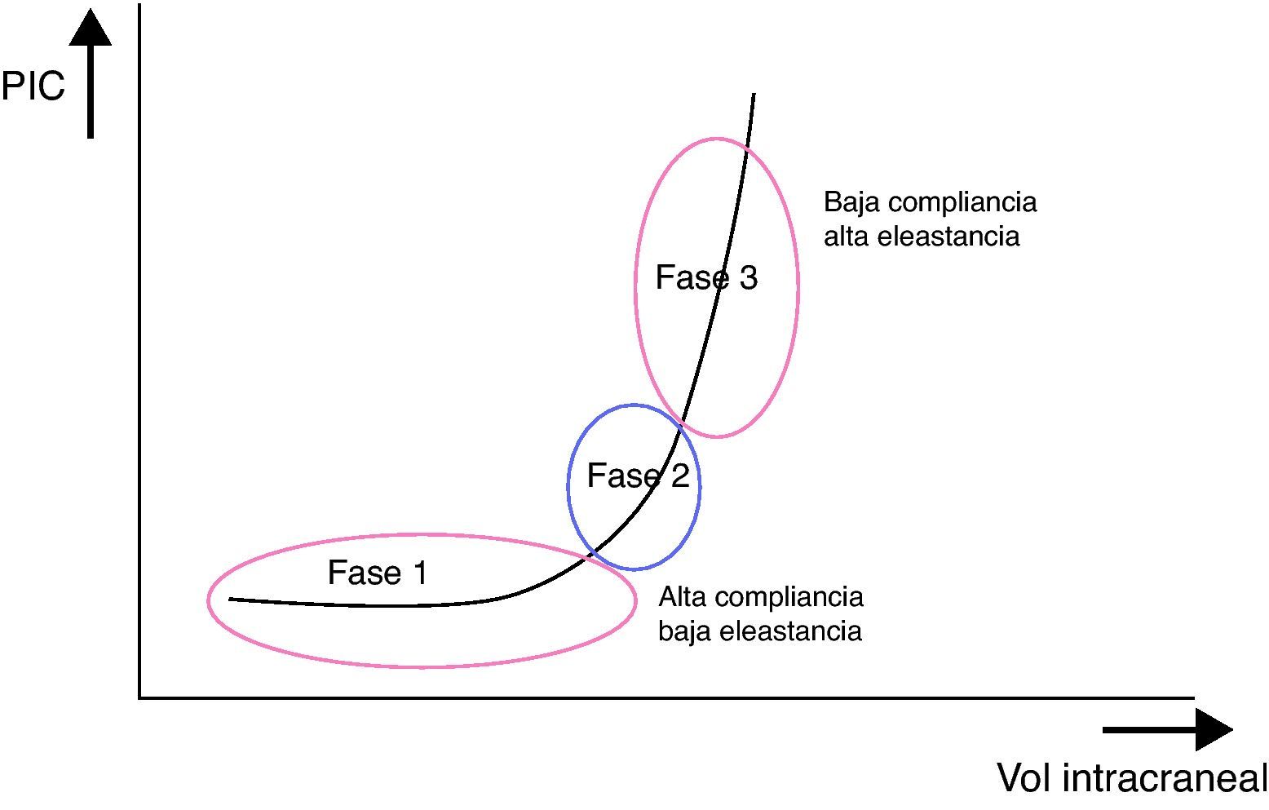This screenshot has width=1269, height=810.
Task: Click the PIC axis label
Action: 33,86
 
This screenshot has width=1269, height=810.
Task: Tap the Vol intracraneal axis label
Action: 1132,777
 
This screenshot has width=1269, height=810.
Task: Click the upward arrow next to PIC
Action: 90,73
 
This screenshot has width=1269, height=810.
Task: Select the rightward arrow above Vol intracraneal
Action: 1166,728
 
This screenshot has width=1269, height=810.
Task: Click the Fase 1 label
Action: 377,573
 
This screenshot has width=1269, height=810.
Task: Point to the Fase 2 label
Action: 638,476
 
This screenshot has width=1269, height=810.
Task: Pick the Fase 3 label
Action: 706,277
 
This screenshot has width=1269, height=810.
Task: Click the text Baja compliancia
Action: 930,201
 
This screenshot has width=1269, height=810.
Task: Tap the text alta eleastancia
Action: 922,237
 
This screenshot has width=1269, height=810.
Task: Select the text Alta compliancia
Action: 761,596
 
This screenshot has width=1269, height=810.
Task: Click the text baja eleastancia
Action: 760,631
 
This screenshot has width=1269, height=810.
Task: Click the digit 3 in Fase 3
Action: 748,277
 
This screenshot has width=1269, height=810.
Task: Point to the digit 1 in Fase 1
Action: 419,573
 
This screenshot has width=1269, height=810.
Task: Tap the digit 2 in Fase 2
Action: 679,476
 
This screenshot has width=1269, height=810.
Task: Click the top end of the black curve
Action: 754,95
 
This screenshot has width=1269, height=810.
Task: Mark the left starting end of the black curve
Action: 231,600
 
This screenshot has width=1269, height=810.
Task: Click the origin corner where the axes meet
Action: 140,697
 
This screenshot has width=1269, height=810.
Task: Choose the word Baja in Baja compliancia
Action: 848,201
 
